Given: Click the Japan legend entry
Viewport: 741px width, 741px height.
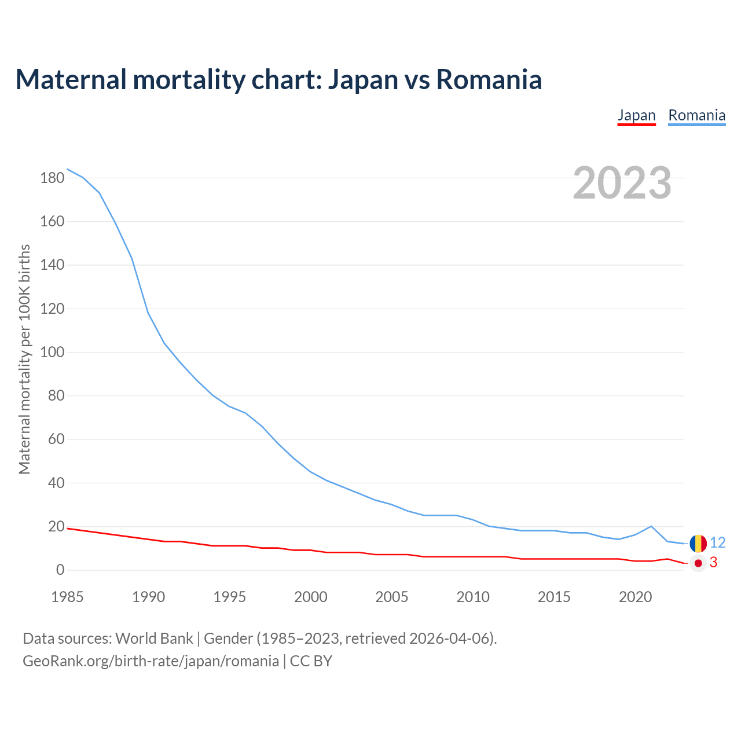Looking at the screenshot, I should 636,115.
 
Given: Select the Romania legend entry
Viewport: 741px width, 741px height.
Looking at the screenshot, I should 696,115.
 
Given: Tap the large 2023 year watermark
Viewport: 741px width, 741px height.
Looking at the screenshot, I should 622,183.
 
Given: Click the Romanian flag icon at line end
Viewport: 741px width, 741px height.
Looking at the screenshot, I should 698,543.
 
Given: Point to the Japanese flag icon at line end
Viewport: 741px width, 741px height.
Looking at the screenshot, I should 698,563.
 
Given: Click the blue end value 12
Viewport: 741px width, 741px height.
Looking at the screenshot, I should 717,542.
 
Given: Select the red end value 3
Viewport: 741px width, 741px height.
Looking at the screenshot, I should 713,563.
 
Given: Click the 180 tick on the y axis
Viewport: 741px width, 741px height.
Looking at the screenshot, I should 52,178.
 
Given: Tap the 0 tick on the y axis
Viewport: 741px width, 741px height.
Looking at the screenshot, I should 60,570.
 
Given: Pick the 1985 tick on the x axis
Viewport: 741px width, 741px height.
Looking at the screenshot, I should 67,597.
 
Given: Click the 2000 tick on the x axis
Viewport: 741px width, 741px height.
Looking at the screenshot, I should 311,597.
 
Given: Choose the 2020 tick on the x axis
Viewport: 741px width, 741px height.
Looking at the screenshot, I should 635,597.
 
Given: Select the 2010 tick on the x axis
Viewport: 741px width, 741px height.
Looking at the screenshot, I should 473,597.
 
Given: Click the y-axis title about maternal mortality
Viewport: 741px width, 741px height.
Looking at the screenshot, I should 24,359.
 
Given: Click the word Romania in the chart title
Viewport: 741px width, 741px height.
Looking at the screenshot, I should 489,80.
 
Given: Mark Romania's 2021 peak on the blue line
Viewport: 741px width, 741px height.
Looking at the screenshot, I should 651,526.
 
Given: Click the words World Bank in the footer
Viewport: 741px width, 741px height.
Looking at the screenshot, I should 154,639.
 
